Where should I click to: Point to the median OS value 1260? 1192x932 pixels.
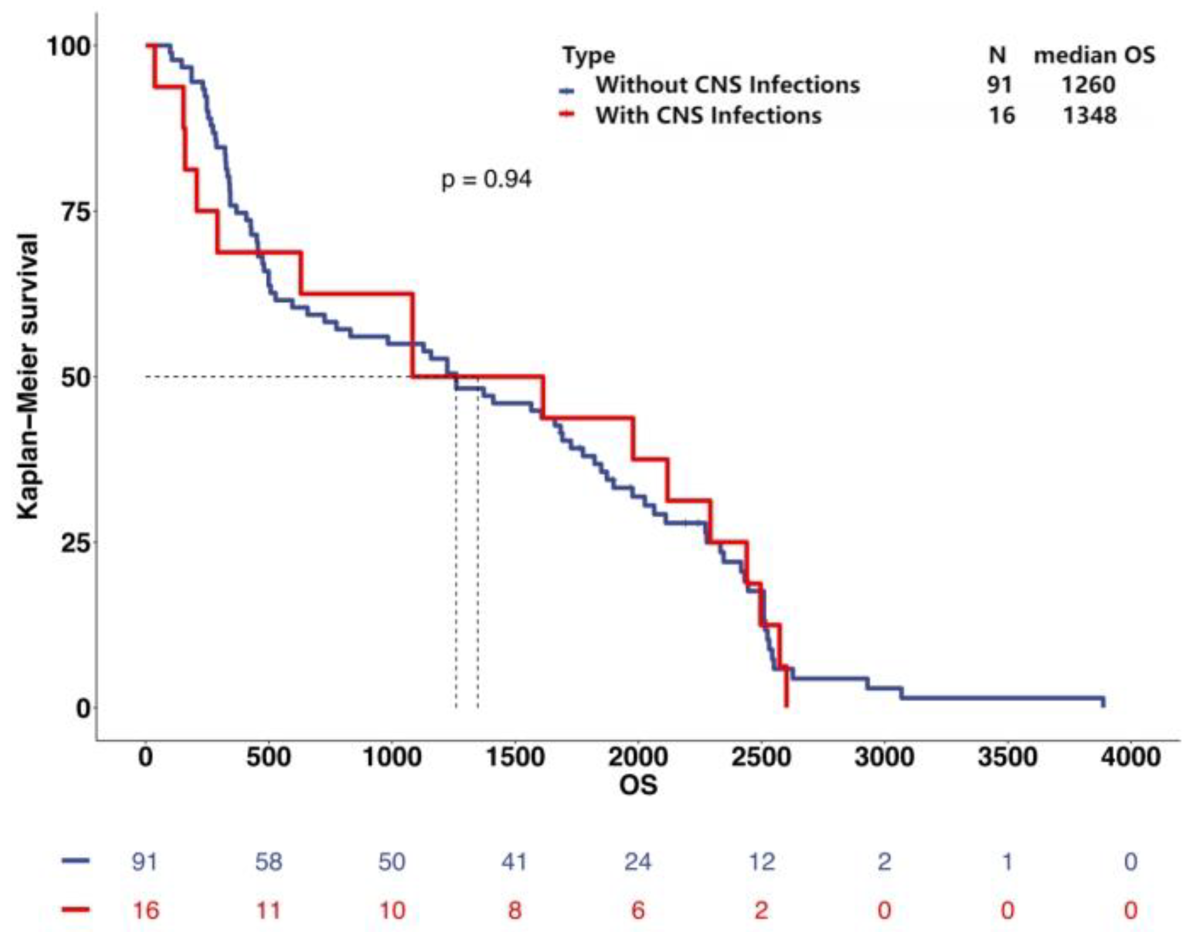click(x=1088, y=85)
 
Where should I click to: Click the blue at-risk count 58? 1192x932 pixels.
click(x=268, y=861)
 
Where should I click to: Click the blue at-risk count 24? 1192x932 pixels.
click(x=637, y=861)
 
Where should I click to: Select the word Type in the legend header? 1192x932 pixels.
click(x=589, y=56)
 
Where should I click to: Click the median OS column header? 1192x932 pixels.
click(x=1094, y=56)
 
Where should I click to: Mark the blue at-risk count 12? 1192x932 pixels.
click(x=761, y=861)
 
